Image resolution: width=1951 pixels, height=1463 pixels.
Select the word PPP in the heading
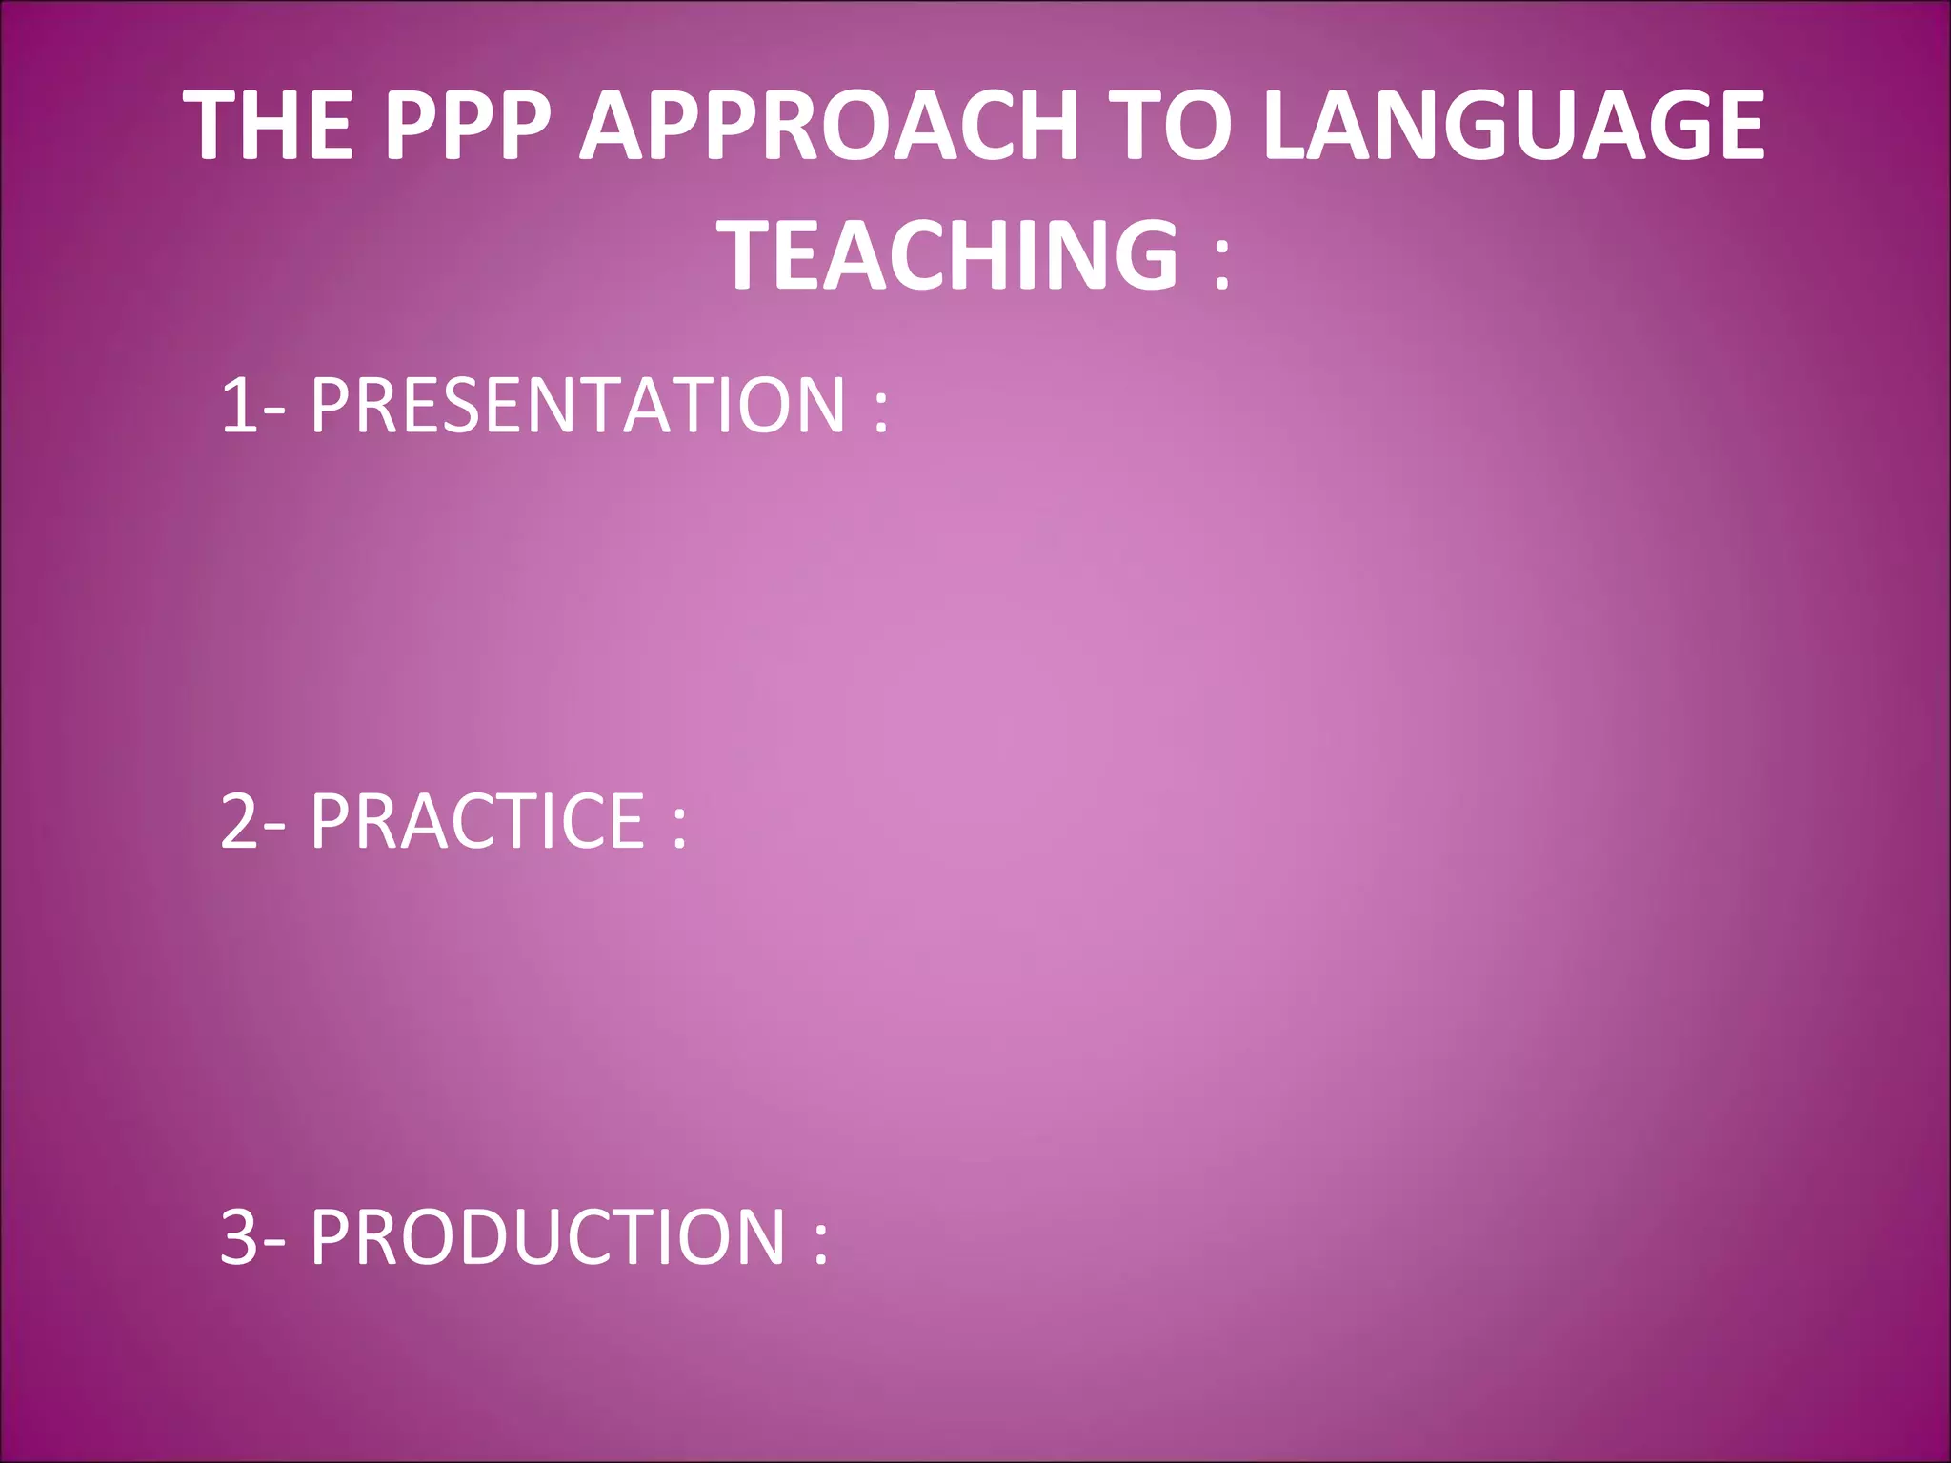tap(467, 126)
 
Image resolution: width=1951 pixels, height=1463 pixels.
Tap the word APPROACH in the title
tap(829, 126)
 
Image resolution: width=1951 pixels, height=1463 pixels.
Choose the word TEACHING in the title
tap(953, 254)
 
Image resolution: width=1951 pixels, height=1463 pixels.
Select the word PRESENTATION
tap(577, 406)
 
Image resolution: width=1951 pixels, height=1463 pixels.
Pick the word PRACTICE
tap(477, 821)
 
